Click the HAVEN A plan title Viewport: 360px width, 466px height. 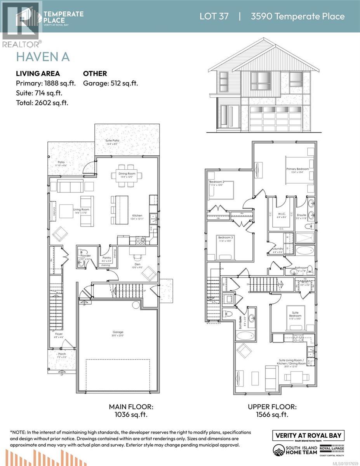[x=42, y=57]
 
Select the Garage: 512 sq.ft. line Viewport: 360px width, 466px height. [x=111, y=83]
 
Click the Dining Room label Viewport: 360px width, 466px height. [x=127, y=174]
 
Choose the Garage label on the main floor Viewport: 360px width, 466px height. [x=118, y=332]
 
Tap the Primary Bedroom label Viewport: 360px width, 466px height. [x=297, y=169]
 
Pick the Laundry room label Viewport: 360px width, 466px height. [x=278, y=249]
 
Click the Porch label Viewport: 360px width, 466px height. [x=62, y=354]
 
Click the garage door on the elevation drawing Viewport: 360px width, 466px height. [x=275, y=118]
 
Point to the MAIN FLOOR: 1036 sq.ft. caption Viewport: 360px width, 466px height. [x=131, y=411]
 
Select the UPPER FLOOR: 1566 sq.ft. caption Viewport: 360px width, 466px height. [x=272, y=411]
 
